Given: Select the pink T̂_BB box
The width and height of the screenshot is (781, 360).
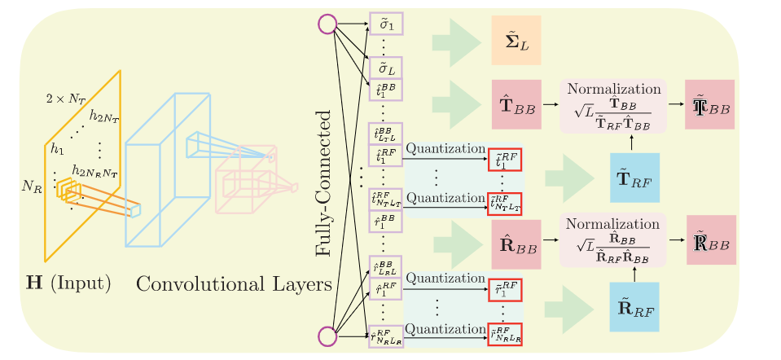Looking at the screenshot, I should (517, 105).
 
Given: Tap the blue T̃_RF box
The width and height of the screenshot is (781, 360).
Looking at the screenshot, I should (634, 177).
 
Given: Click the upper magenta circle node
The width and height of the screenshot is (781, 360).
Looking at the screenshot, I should (327, 25).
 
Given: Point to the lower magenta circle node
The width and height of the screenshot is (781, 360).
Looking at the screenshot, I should (327, 336).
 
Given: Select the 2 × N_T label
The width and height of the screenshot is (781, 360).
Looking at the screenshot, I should (66, 98).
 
